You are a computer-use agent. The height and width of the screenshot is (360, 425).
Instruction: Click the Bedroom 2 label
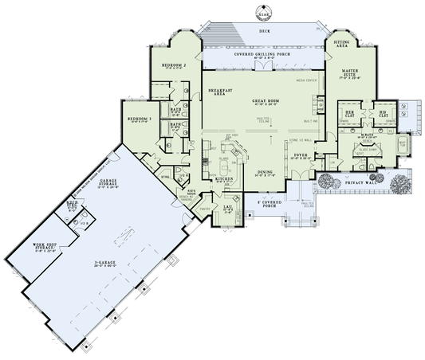174,65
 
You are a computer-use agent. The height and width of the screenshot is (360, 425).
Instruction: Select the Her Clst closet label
348,114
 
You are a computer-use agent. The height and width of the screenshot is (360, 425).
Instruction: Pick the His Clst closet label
382,114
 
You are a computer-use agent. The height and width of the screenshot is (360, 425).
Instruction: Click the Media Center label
306,80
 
